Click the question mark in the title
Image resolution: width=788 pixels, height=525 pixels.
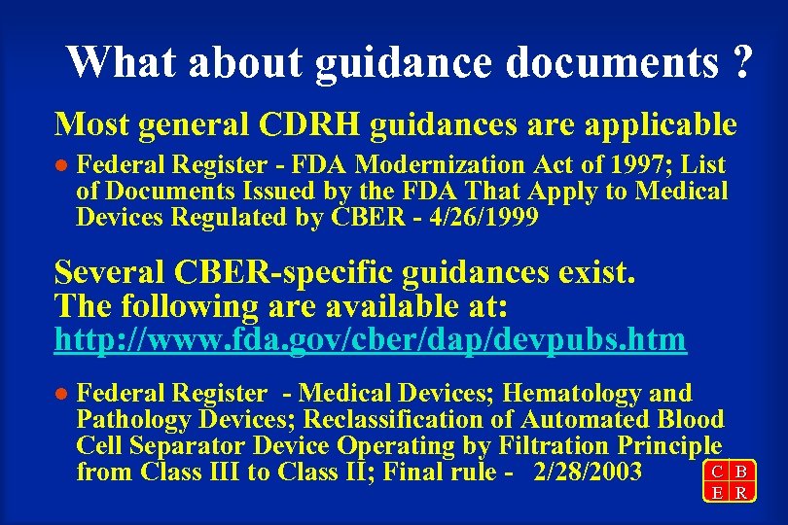tap(740, 62)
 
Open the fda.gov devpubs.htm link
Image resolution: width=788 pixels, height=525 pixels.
tap(371, 340)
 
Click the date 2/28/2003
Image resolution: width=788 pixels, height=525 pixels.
tap(589, 473)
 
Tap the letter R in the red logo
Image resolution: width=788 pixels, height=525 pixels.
tap(740, 493)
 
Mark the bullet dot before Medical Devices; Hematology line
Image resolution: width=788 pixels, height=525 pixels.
tap(61, 395)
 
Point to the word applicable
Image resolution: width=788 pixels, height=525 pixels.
tap(665, 124)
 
